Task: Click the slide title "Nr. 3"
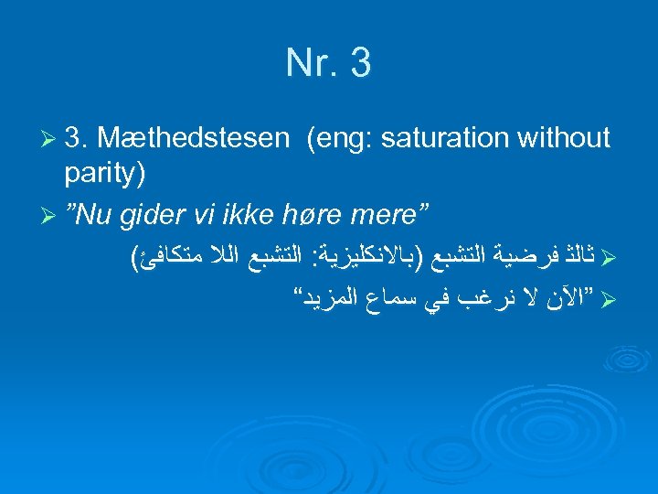click(x=328, y=64)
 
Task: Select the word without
click(x=563, y=138)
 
